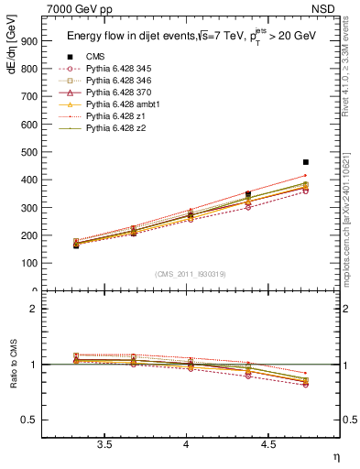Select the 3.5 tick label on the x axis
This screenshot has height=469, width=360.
[x=104, y=444]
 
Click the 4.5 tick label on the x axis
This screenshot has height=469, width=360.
[x=267, y=444]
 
